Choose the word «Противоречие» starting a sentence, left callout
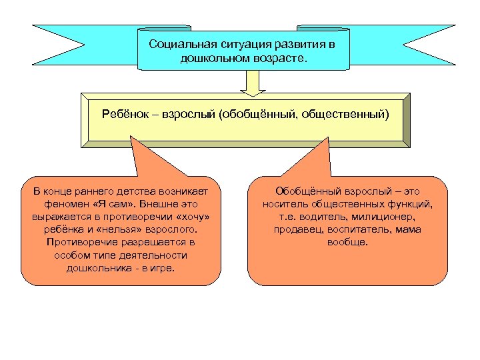(x=79, y=242)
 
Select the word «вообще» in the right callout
(x=347, y=242)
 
